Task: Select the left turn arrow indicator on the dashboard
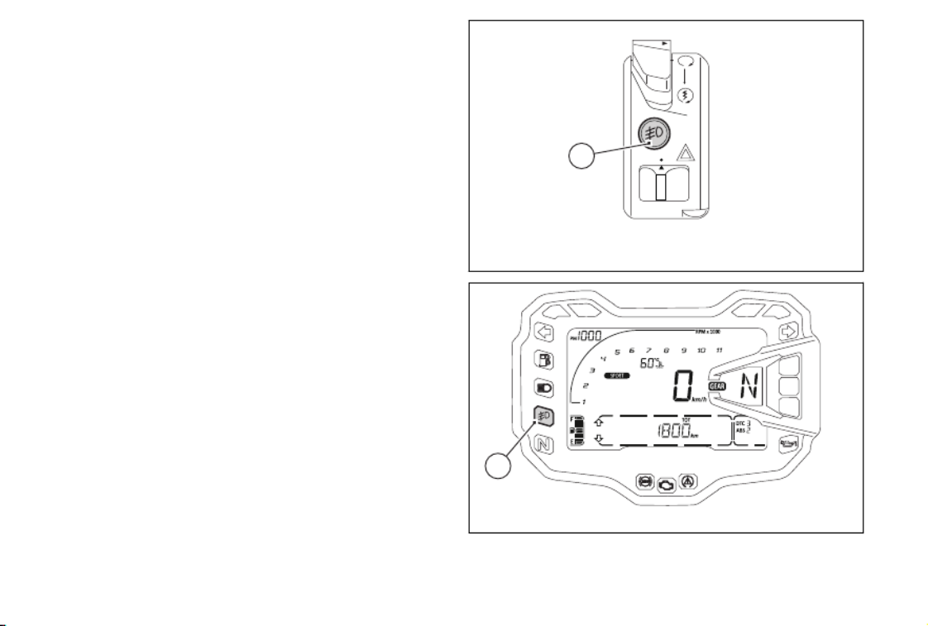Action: click(x=544, y=333)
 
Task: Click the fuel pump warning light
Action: click(x=544, y=361)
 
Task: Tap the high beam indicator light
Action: click(x=544, y=388)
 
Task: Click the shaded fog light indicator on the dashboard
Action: click(x=544, y=415)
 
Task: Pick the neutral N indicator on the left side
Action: click(x=544, y=444)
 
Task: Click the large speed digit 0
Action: click(x=682, y=385)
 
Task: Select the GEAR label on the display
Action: click(x=717, y=386)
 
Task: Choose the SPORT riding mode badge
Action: click(x=615, y=375)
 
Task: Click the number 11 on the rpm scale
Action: click(x=719, y=351)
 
